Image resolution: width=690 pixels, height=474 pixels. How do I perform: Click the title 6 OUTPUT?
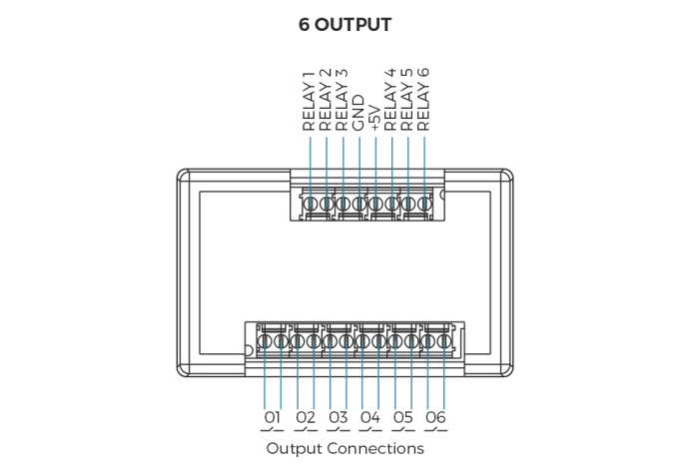coord(345,25)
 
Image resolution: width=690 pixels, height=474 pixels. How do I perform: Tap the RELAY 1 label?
coord(310,100)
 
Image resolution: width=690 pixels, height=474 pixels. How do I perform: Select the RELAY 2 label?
coord(326,100)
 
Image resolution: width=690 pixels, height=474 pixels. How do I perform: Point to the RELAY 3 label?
coord(343,100)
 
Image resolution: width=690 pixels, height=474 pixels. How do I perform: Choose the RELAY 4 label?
coord(391,100)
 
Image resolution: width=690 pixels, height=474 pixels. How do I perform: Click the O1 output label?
coord(273,417)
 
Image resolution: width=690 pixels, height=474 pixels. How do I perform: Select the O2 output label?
coord(306,417)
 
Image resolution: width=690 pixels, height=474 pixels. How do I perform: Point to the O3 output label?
coord(338,417)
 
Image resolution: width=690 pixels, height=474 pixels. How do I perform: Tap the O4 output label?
coord(370,417)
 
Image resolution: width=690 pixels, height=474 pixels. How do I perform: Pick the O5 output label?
coord(402,417)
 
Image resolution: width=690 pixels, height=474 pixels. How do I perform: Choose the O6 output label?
coord(434,417)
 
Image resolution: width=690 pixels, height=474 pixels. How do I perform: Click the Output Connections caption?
coord(345,449)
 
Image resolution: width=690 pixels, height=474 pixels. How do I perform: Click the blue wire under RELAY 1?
coord(311,165)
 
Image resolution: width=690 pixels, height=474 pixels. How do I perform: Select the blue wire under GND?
coord(359,165)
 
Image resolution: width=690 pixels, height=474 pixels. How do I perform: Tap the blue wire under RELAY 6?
coord(425,165)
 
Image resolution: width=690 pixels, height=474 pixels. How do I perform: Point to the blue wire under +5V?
coord(375,165)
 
